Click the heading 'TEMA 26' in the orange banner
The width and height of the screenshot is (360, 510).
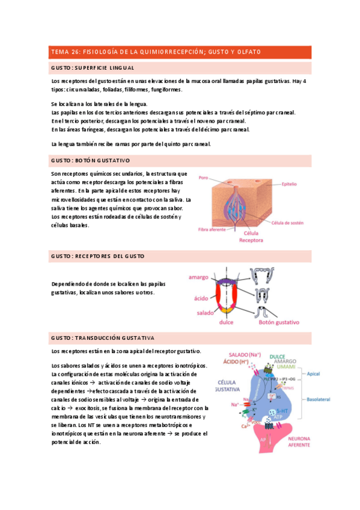pyautogui.click(x=64, y=52)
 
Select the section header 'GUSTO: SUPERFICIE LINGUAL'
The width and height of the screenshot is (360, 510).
pyautogui.click(x=93, y=67)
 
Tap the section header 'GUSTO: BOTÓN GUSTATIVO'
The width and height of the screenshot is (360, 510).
pyautogui.click(x=90, y=161)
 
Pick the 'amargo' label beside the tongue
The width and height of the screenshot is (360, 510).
pyautogui.click(x=198, y=277)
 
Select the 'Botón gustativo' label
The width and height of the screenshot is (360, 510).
pyautogui.click(x=278, y=322)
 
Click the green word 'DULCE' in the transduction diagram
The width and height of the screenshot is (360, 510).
pyautogui.click(x=277, y=356)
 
